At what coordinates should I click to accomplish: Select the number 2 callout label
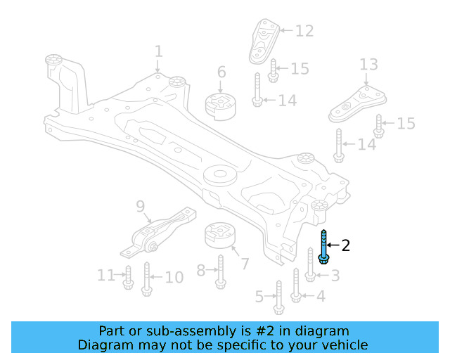[x=345, y=245]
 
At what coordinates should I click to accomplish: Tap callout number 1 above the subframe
[x=158, y=51]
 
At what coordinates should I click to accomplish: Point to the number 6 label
[x=221, y=72]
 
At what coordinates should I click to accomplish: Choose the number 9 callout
[x=140, y=207]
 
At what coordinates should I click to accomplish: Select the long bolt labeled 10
[x=147, y=278]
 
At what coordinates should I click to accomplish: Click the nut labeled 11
[x=128, y=277]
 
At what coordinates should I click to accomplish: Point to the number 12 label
[x=304, y=31]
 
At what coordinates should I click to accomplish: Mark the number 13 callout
[x=369, y=65]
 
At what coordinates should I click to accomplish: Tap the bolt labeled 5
[x=278, y=297]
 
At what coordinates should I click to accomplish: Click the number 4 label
[x=321, y=296]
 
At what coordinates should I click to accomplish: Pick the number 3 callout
[x=335, y=276]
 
